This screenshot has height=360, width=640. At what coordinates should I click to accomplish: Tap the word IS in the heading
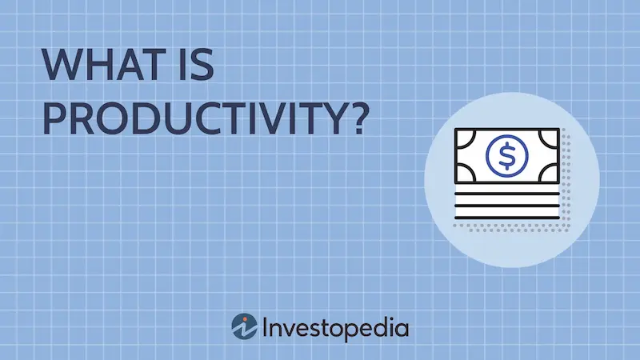coord(197,65)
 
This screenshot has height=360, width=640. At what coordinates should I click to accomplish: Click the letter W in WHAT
coord(62,65)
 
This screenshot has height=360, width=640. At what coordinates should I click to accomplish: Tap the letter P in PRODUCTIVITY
coord(54,118)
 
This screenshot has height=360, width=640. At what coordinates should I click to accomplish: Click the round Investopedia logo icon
coord(244,326)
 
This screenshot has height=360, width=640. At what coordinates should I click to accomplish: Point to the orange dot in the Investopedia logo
coord(246,318)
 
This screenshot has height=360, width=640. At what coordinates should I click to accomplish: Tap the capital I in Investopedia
coord(265,327)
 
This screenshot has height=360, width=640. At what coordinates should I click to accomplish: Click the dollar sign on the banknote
coord(507,155)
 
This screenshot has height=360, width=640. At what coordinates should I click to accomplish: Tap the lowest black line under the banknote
coord(507,218)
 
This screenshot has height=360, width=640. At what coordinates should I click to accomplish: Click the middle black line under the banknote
coord(507,206)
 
